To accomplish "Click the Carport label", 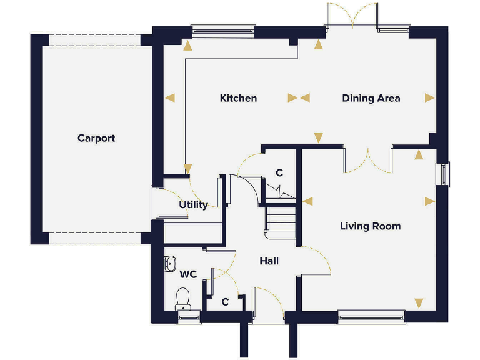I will pos(96,138).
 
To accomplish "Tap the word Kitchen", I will pos(238,98).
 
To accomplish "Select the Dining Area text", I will pos(371,98).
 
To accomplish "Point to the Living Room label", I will pos(370,226).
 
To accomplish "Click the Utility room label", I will pos(193,204).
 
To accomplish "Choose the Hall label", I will pos(269,261).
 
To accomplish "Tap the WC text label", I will pos(188,274).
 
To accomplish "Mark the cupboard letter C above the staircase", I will pos(279,172).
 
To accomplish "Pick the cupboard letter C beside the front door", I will pos(226,301).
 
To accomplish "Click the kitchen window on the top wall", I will pos(223,30).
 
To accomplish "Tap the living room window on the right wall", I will pos(443,174).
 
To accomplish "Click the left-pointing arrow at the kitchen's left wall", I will pos(169,97).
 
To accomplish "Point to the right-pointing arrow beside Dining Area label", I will pos(429,97).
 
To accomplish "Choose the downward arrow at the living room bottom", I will pos(419,303).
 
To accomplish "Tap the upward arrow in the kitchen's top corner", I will pos(187,45).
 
